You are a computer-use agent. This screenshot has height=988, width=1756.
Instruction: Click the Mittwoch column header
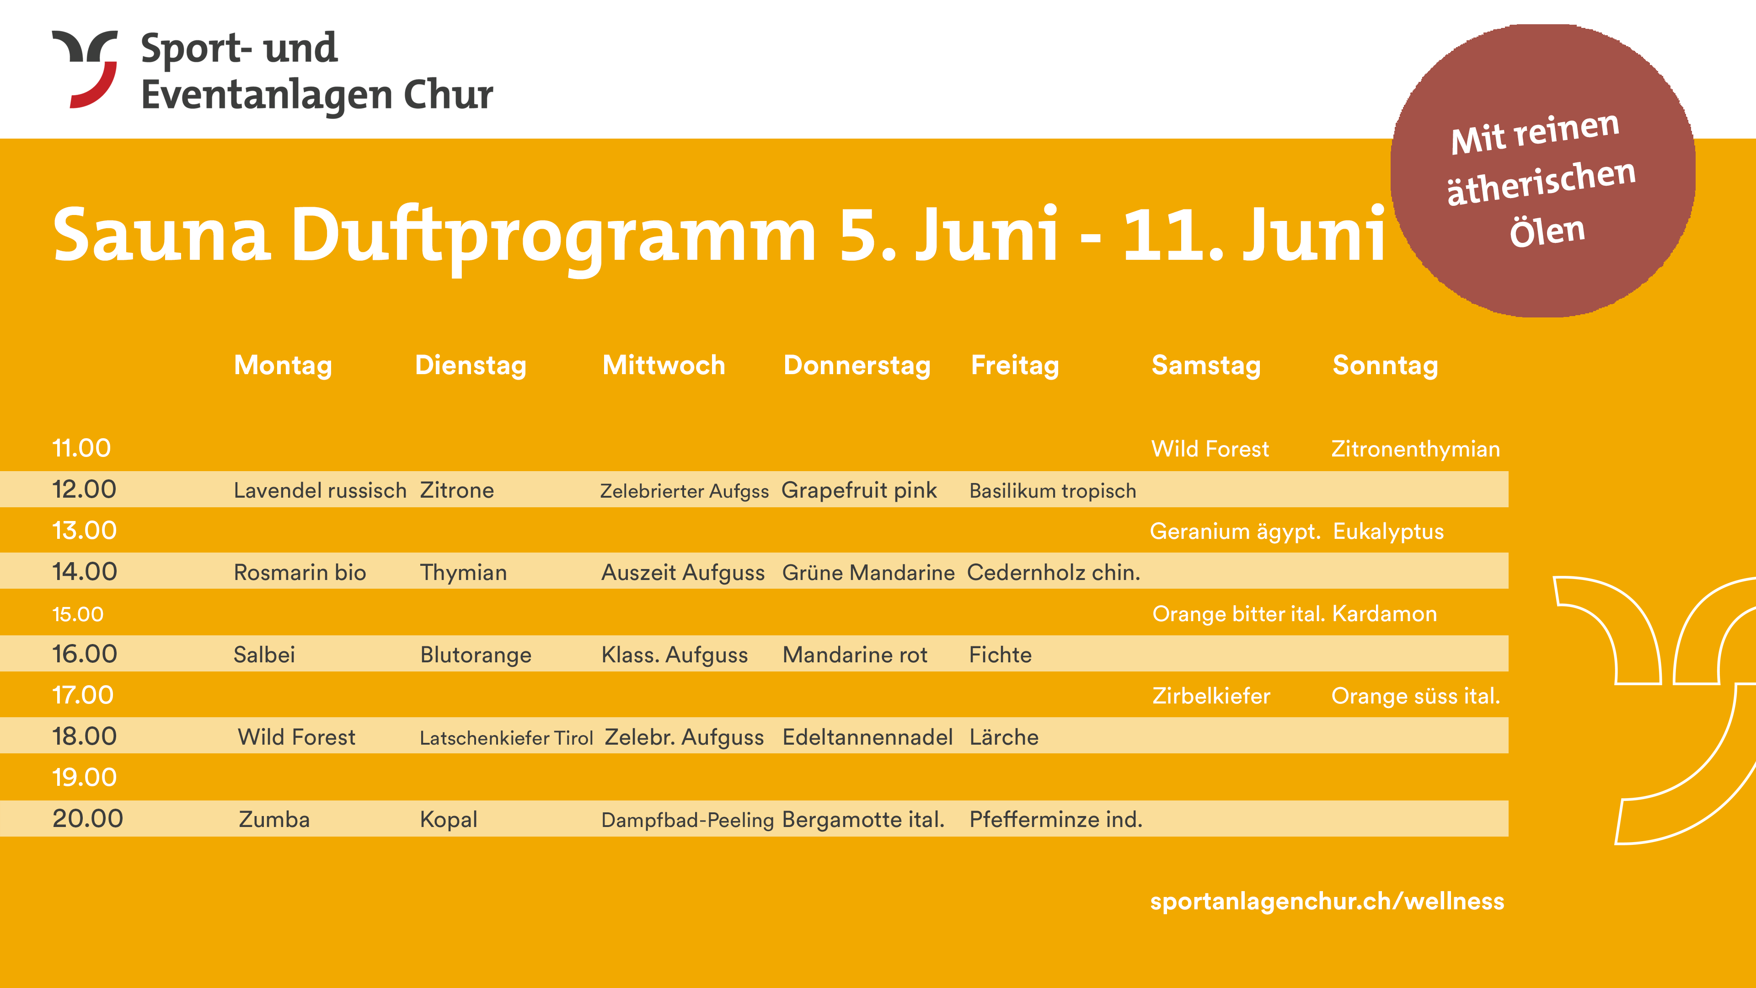click(x=664, y=365)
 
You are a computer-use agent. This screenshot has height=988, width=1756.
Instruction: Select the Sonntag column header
click(x=1385, y=365)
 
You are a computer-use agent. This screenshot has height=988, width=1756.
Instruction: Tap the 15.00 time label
click(x=78, y=614)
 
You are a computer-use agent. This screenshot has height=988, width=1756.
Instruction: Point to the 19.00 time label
click(x=85, y=777)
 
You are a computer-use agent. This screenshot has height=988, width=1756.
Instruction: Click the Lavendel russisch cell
click(x=320, y=490)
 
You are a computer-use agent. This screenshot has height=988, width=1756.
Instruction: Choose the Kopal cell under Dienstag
click(x=449, y=820)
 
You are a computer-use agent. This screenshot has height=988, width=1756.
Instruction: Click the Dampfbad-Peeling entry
click(x=687, y=820)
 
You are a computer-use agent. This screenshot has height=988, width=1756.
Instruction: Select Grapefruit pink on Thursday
click(x=859, y=490)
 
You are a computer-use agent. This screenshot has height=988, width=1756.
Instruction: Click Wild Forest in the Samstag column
click(x=1210, y=449)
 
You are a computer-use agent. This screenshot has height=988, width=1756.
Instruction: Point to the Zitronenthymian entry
click(x=1416, y=449)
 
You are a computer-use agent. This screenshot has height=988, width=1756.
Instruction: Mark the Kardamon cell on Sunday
click(x=1385, y=614)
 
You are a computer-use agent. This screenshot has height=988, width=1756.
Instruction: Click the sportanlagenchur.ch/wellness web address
click(x=1327, y=902)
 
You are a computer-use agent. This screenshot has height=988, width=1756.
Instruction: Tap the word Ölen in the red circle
click(x=1547, y=232)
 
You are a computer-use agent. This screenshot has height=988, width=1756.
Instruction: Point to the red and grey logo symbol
click(x=85, y=69)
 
